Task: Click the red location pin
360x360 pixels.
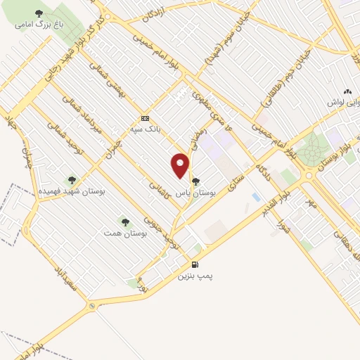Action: [181, 166]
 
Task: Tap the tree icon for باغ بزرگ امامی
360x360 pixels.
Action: [39, 14]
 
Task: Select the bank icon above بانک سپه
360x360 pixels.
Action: [145, 118]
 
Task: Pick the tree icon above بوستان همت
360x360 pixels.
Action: [125, 221]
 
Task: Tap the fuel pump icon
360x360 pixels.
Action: [194, 264]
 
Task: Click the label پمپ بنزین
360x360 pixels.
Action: [194, 276]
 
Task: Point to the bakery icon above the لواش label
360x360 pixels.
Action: [347, 91]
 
